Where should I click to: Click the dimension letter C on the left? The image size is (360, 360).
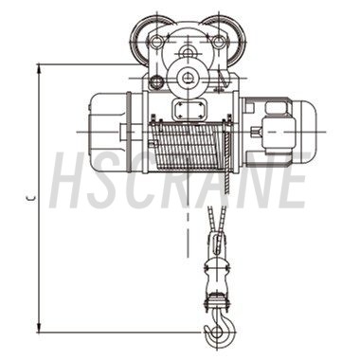coord(31,198)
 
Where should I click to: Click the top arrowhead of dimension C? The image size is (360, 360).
coord(39,69)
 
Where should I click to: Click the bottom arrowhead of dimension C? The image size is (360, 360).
coord(39,328)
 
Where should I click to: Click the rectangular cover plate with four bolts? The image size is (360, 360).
coord(189,110)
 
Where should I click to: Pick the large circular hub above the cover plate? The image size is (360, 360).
coord(189,77)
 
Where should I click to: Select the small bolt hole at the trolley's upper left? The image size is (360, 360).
coord(156,41)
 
